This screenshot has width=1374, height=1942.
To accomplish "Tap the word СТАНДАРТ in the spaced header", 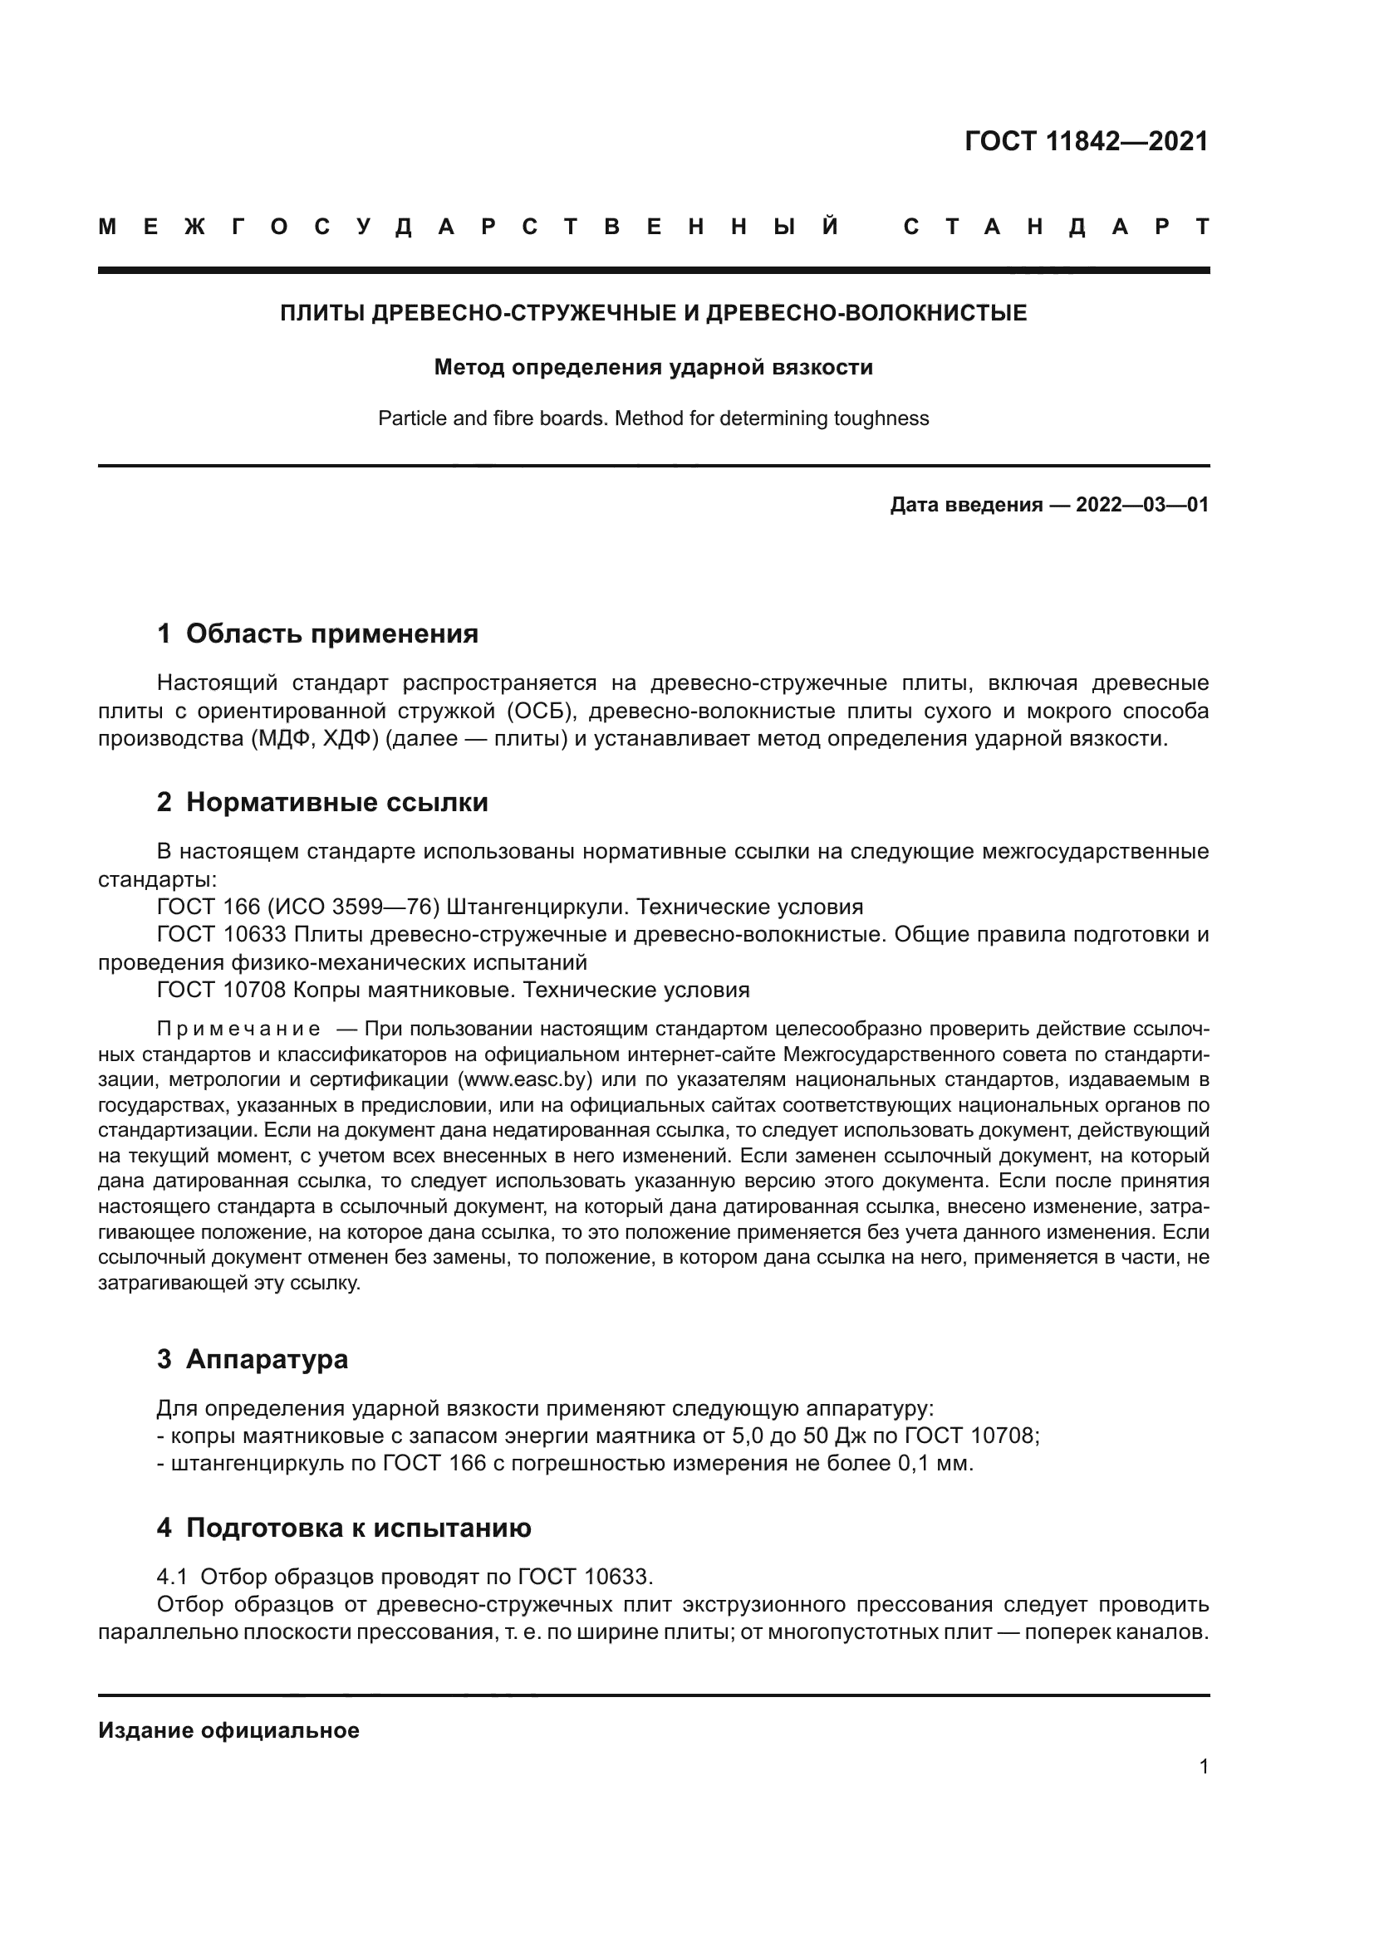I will point(1056,227).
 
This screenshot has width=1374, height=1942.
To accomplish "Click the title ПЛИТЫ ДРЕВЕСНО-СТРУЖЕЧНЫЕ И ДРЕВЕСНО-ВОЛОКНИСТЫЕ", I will point(653,313).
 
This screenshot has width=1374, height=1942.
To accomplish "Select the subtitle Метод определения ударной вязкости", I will point(653,367).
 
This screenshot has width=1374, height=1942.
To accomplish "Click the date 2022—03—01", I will point(1141,506).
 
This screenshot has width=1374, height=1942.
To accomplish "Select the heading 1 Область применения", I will point(317,633).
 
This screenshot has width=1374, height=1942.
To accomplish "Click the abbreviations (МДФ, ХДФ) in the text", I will point(314,739).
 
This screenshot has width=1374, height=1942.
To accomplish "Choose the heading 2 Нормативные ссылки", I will point(322,802).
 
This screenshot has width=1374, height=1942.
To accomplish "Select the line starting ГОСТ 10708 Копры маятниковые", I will point(454,991).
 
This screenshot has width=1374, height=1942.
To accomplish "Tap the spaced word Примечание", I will point(238,1030).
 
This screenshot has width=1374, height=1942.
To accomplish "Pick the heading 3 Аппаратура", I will point(253,1359).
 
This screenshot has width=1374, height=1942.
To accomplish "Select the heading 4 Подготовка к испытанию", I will point(344,1528).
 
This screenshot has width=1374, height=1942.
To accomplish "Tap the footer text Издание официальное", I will point(228,1730).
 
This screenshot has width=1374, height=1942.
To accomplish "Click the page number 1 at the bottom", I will point(1203,1766).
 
